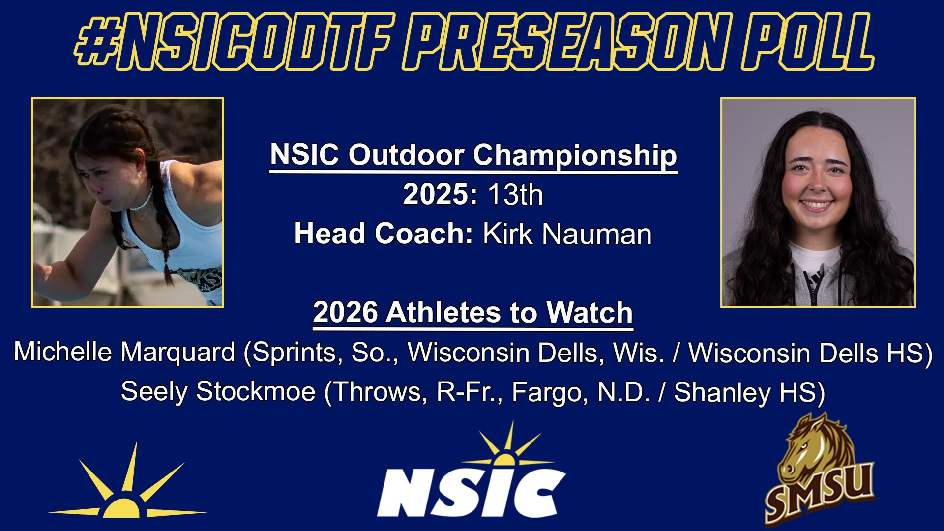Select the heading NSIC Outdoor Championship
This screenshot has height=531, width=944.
473,155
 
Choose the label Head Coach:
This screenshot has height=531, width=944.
383,234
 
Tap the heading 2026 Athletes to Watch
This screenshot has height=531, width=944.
473,313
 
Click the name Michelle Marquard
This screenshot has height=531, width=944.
124,353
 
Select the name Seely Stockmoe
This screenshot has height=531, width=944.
218,392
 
